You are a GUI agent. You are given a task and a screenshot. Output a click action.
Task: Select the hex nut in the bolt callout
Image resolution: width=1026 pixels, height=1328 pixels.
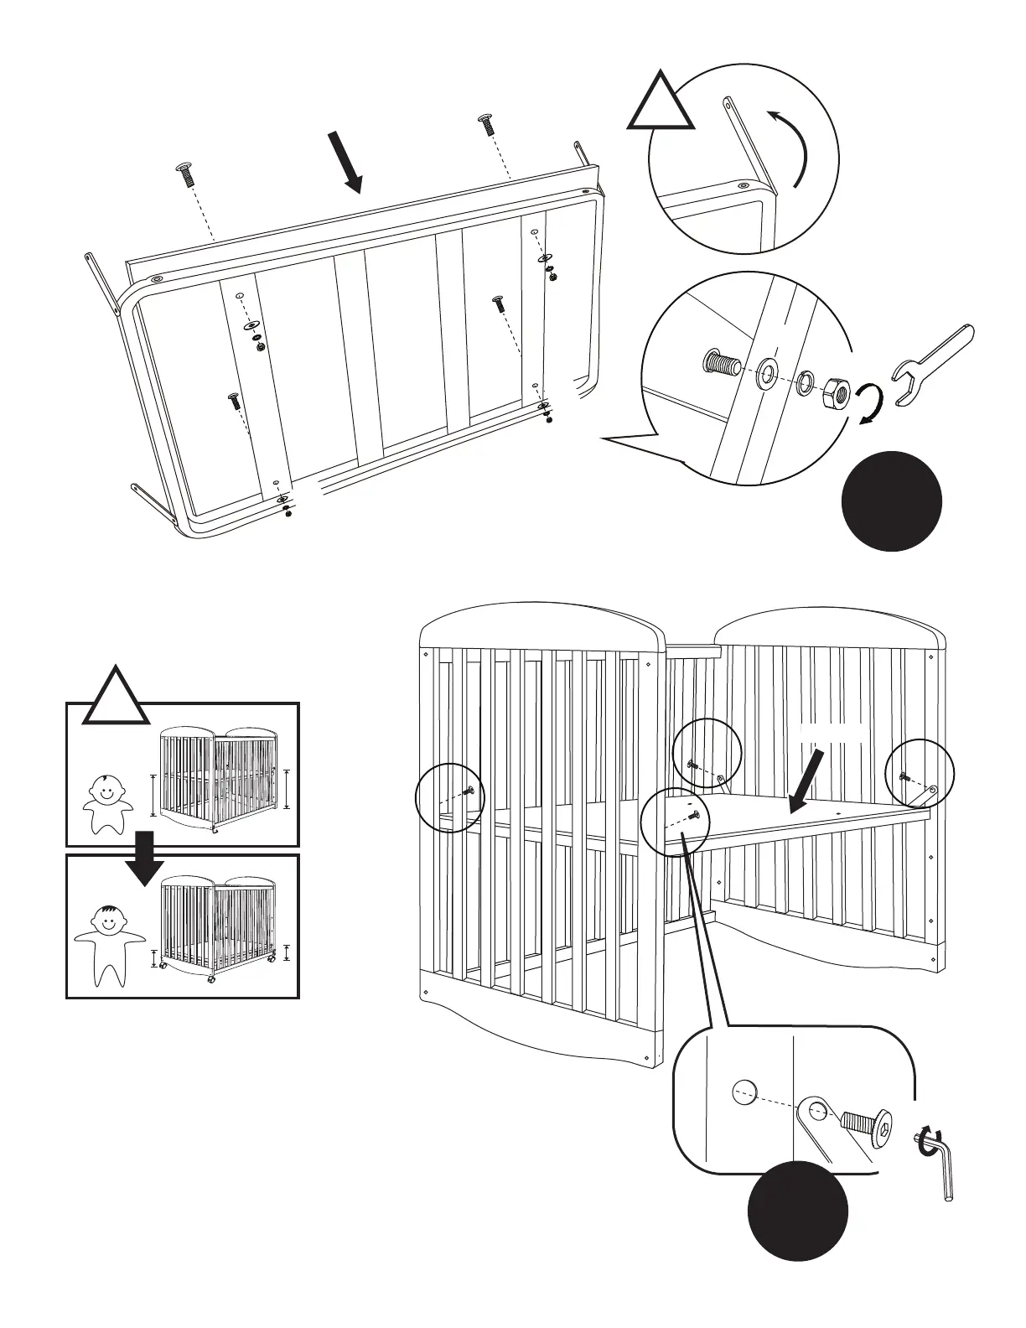pyautogui.click(x=836, y=390)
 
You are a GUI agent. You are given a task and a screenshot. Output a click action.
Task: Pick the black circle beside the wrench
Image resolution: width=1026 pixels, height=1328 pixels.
pyautogui.click(x=891, y=501)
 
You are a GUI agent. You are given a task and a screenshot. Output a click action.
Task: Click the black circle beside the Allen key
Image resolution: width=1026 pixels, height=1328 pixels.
pyautogui.click(x=798, y=1210)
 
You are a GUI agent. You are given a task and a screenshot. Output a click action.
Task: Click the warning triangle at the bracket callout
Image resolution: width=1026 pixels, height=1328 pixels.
pyautogui.click(x=661, y=104)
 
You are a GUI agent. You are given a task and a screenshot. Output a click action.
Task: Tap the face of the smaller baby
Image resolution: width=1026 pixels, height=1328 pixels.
pyautogui.click(x=106, y=790)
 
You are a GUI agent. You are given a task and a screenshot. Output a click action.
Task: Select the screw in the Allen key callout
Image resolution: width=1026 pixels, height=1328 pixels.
pyautogui.click(x=868, y=1122)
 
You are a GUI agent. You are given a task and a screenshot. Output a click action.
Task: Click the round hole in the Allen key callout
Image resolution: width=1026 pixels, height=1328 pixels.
pyautogui.click(x=744, y=1091)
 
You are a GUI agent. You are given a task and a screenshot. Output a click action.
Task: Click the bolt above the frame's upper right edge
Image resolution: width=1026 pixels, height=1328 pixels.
pyautogui.click(x=486, y=126)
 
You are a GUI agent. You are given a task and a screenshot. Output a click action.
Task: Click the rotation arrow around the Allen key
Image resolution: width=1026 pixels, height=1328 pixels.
pyautogui.click(x=926, y=1141)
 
